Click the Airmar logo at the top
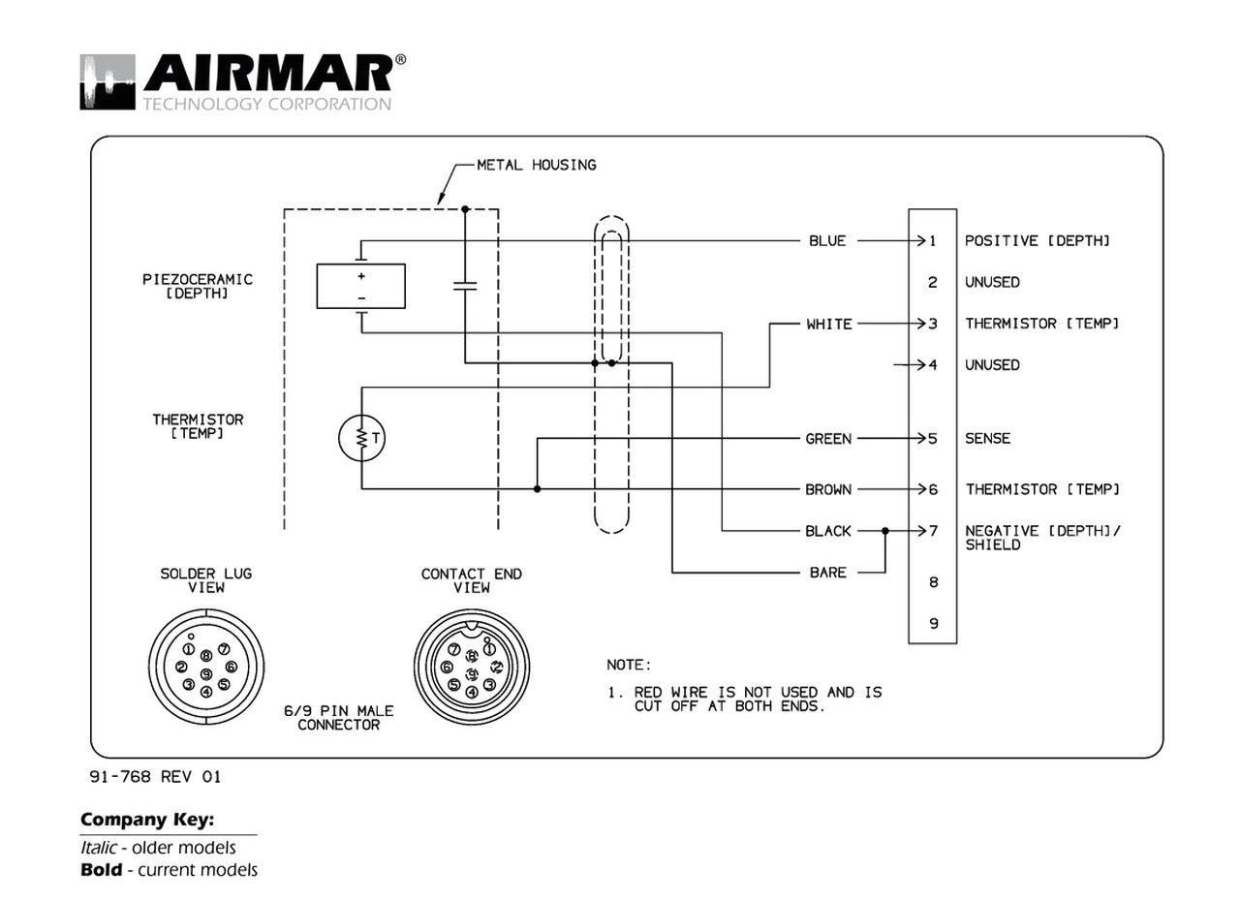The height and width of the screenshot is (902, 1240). point(242,81)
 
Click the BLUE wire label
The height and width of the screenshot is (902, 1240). point(827,240)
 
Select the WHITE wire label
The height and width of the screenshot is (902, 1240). point(829,324)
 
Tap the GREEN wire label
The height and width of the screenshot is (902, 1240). point(828,439)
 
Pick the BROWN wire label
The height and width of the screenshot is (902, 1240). point(828,489)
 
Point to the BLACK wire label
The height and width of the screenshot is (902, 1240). point(828,531)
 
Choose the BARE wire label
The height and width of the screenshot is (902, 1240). point(828,573)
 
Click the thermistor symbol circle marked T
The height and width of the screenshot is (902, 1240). point(362,439)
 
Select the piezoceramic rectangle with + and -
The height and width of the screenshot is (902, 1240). point(360,286)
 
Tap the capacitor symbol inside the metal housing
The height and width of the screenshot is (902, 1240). point(465,286)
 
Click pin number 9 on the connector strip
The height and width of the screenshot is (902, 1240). point(933,623)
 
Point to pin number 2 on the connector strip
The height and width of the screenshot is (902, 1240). point(933,282)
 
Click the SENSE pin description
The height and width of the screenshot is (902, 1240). point(987,439)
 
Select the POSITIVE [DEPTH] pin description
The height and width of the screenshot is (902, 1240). point(1037,240)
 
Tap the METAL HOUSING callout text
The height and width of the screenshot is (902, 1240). point(536,165)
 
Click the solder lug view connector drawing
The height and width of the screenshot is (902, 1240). point(205,667)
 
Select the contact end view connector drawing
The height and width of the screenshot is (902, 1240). point(471,667)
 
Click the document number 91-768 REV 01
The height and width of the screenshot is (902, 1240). point(155,776)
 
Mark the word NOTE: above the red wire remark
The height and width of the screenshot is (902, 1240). point(629,666)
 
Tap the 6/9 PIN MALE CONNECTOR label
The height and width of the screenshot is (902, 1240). point(338,718)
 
